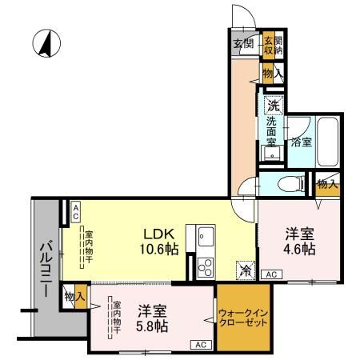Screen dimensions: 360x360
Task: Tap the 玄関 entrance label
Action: [243, 44]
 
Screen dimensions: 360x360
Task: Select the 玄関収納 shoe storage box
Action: [273, 44]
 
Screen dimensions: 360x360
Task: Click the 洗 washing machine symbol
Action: [274, 104]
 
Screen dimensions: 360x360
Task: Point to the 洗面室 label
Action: [273, 131]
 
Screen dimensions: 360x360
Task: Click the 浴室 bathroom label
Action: [302, 142]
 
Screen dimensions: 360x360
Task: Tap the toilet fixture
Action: [286, 184]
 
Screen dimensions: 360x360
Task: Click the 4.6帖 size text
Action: [301, 249]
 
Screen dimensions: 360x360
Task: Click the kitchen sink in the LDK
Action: [204, 237]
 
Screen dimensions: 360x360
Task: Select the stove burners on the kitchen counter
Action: [204, 266]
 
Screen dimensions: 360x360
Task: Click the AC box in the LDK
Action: [75, 211]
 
